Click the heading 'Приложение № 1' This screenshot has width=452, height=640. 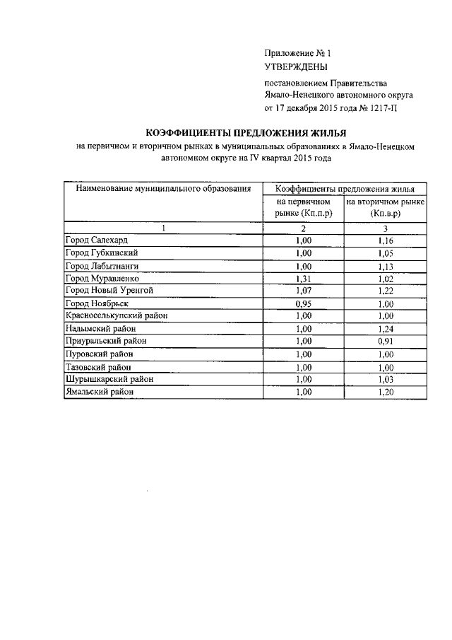[297, 53]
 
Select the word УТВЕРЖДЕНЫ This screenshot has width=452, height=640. [296, 68]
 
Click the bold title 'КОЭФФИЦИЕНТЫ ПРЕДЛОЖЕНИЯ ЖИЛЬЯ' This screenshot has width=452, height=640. [246, 133]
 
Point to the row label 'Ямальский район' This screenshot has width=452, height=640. [99, 391]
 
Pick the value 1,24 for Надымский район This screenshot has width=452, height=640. [386, 328]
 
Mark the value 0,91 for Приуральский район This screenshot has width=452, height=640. [386, 341]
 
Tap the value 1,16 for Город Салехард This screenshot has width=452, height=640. [386, 241]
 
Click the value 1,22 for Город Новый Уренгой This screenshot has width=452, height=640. [386, 291]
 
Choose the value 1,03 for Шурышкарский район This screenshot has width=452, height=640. [386, 379]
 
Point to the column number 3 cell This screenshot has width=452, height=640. [386, 228]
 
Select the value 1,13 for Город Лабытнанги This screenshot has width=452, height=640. [386, 266]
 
